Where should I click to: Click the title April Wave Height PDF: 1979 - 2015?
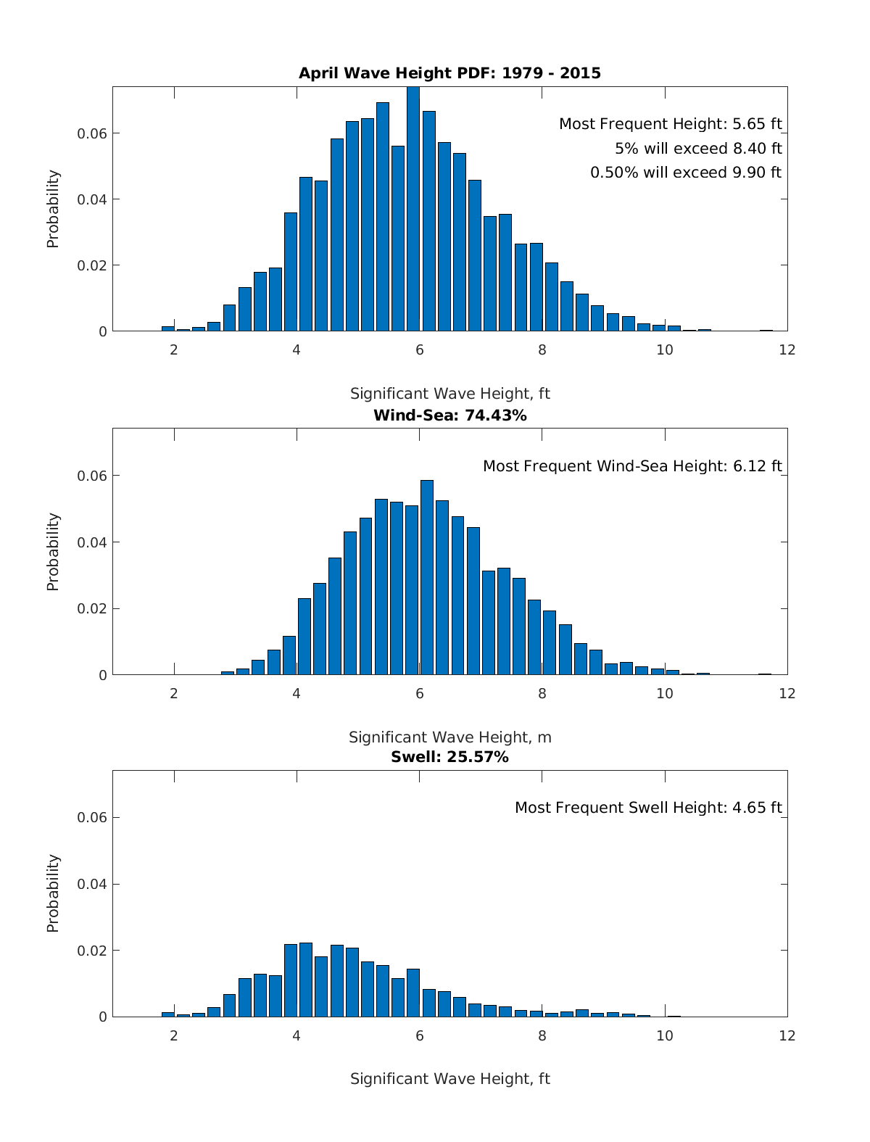click(x=449, y=73)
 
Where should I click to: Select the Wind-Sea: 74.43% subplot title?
click(x=449, y=415)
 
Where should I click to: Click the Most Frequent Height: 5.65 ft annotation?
click(x=670, y=124)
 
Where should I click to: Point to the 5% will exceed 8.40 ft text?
click(x=698, y=149)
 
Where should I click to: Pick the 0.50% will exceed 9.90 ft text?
click(x=686, y=173)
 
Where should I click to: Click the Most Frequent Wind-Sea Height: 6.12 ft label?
click(x=632, y=466)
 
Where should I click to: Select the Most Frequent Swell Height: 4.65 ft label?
click(x=648, y=808)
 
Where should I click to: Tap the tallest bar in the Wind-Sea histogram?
click(x=427, y=577)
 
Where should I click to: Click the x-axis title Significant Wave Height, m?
click(x=449, y=737)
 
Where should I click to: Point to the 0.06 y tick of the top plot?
click(x=93, y=133)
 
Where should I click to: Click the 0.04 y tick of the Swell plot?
click(x=93, y=884)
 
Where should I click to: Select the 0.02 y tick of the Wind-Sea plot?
click(x=93, y=608)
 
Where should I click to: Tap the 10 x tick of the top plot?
click(x=664, y=350)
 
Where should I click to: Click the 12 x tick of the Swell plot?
click(x=787, y=1036)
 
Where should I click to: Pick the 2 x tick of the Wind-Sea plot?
click(x=174, y=694)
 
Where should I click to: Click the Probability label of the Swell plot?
click(x=53, y=893)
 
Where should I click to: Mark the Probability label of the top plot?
click(x=53, y=209)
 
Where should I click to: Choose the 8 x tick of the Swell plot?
click(x=542, y=1036)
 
